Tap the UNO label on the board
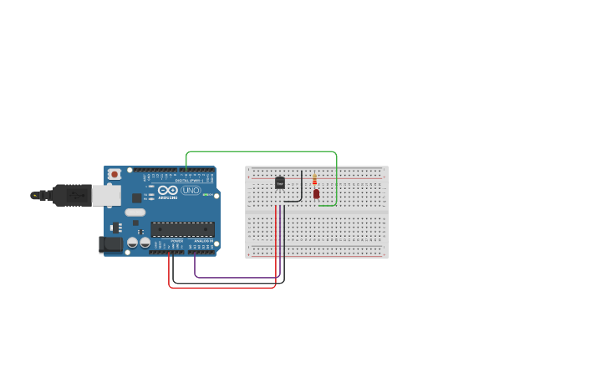click(x=191, y=190)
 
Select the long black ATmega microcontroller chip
click(x=182, y=229)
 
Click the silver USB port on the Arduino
click(x=106, y=195)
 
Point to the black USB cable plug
click(x=71, y=195)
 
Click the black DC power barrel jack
click(x=109, y=244)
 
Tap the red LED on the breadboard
click(x=316, y=193)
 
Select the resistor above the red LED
click(x=314, y=179)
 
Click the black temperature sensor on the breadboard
click(x=280, y=182)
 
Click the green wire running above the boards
click(x=259, y=152)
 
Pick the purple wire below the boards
click(x=234, y=277)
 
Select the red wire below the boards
click(x=222, y=288)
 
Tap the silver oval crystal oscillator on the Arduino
click(x=135, y=213)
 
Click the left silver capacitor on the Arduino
click(x=132, y=243)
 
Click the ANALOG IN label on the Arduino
click(x=202, y=241)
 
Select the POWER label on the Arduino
click(x=177, y=241)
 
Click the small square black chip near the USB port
click(x=136, y=198)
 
